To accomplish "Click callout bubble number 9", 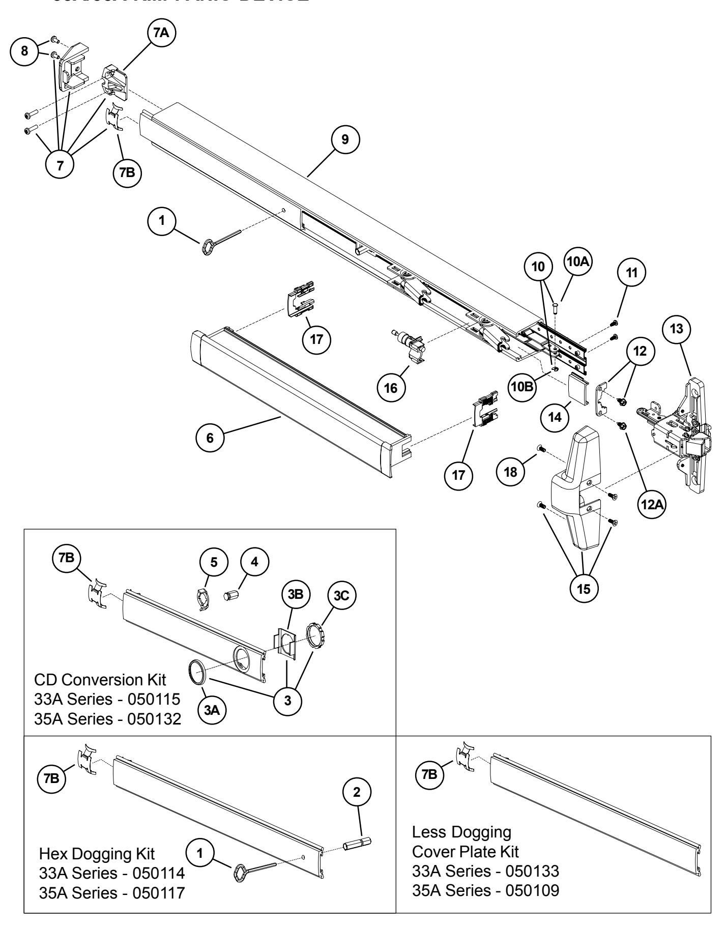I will tap(345, 139).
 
